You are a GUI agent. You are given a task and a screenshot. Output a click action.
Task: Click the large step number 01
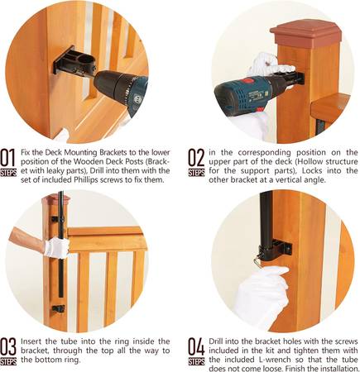tap(8, 158)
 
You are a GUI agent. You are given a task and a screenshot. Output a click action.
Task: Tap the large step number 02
tap(196, 158)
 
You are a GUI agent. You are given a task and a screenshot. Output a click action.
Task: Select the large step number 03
tap(8, 347)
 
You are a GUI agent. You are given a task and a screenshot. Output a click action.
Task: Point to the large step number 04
tap(196, 347)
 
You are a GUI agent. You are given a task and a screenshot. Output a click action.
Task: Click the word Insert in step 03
tap(31, 341)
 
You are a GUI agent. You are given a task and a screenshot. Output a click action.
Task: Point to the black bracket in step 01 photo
tap(74, 62)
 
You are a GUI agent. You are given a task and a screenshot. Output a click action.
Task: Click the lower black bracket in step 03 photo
tap(58, 309)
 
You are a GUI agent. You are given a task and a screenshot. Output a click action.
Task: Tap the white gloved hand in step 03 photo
tap(56, 247)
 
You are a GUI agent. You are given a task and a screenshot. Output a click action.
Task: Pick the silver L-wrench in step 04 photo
tap(257, 260)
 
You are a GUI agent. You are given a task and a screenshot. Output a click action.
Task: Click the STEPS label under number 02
tap(196, 172)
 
